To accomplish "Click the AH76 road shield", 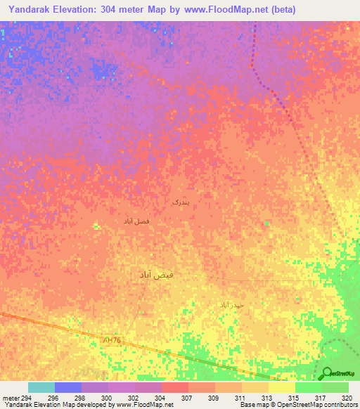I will click(111, 340).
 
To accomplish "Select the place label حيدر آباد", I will click(231, 305).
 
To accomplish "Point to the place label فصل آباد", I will click(136, 221).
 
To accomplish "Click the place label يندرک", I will click(181, 202).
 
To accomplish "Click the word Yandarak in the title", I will click(33, 10).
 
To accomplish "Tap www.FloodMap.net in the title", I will click(218, 10).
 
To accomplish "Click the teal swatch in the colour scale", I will click(41, 387).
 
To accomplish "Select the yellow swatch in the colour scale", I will click(281, 387).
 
